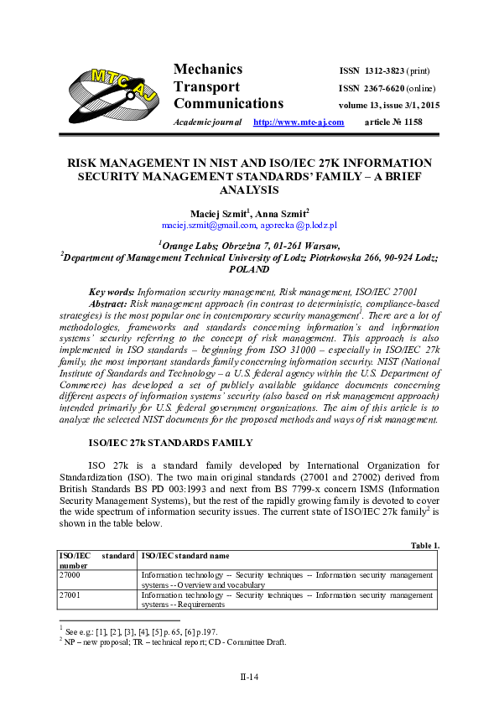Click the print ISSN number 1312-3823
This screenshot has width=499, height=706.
388,70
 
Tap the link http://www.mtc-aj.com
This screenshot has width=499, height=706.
299,122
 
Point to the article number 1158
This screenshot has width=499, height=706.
412,122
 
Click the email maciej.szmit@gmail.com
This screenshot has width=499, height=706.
208,225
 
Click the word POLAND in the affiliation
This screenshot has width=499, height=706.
249,270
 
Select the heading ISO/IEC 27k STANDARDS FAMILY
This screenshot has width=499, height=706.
170,442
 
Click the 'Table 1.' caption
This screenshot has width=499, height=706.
425,546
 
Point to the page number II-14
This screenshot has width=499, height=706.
249,676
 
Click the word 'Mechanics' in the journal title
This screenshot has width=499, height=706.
208,70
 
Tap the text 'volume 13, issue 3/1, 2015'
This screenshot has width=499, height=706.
388,106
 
